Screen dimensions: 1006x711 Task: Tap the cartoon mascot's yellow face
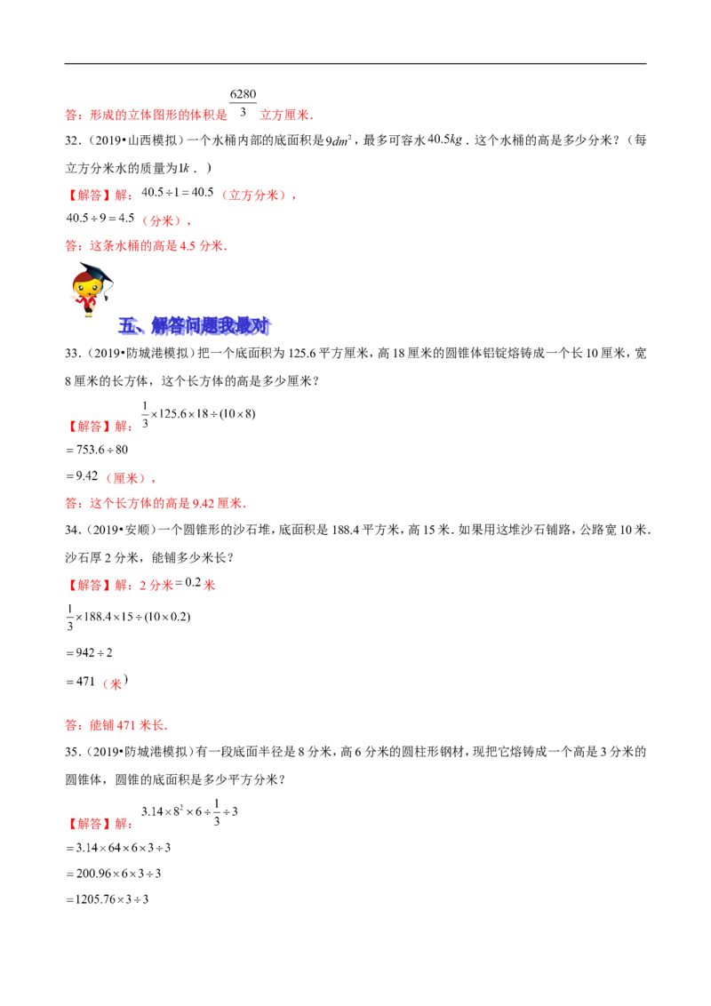[x=86, y=287]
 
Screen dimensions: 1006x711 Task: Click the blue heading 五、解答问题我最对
[x=194, y=326]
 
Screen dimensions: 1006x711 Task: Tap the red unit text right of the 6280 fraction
[x=286, y=114]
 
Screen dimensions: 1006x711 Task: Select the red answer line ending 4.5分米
[x=145, y=244]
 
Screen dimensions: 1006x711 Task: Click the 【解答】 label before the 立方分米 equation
[x=88, y=196]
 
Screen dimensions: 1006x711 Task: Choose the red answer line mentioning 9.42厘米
[x=156, y=504]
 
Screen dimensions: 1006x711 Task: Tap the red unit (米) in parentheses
[x=112, y=683]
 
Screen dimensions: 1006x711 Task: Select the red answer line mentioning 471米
[x=116, y=725]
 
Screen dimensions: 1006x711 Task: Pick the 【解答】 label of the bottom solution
[x=88, y=824]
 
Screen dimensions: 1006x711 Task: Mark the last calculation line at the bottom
[x=108, y=898]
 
